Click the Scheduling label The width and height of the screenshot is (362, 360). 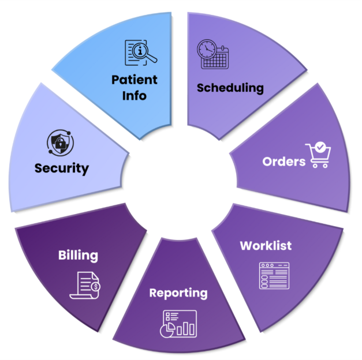pyautogui.click(x=230, y=88)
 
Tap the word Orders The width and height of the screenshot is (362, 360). pyautogui.click(x=283, y=161)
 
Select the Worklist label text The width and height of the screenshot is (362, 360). pyautogui.click(x=266, y=245)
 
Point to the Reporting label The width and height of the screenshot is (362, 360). pyautogui.click(x=178, y=292)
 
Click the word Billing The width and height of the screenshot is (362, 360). pyautogui.click(x=78, y=254)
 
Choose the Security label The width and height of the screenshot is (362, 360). pyautogui.click(x=61, y=168)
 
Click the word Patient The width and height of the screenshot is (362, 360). pyautogui.click(x=135, y=79)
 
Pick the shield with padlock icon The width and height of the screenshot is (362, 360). pyautogui.click(x=59, y=142)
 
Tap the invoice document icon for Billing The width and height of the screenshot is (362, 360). pyautogui.click(x=84, y=284)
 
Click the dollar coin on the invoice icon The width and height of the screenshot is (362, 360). pyautogui.click(x=95, y=286)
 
